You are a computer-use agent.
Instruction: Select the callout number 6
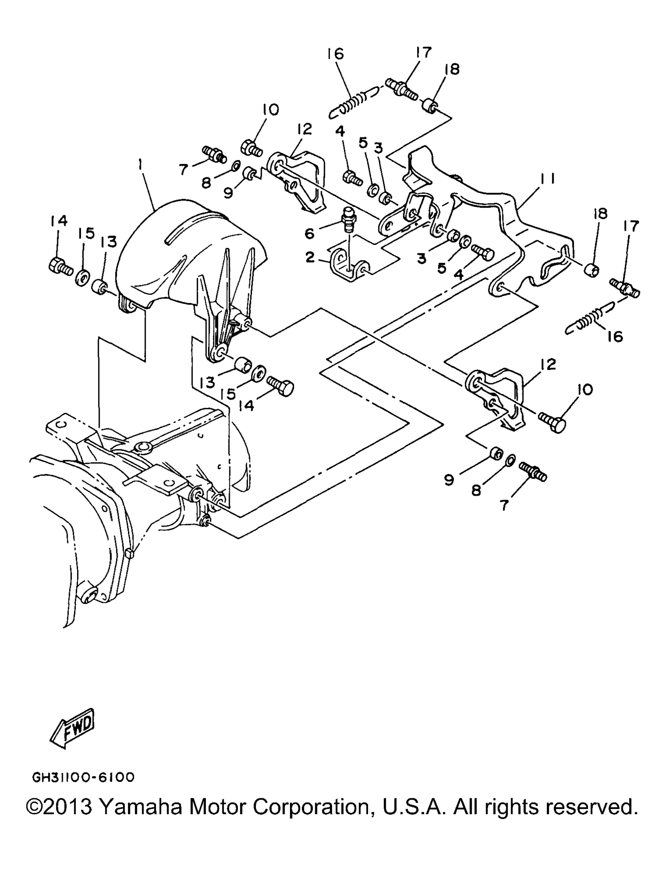[x=310, y=234]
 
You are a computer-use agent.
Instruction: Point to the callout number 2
[x=310, y=258]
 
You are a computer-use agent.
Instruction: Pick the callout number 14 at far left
[x=59, y=221]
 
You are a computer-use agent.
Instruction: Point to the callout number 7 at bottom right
[x=503, y=505]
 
